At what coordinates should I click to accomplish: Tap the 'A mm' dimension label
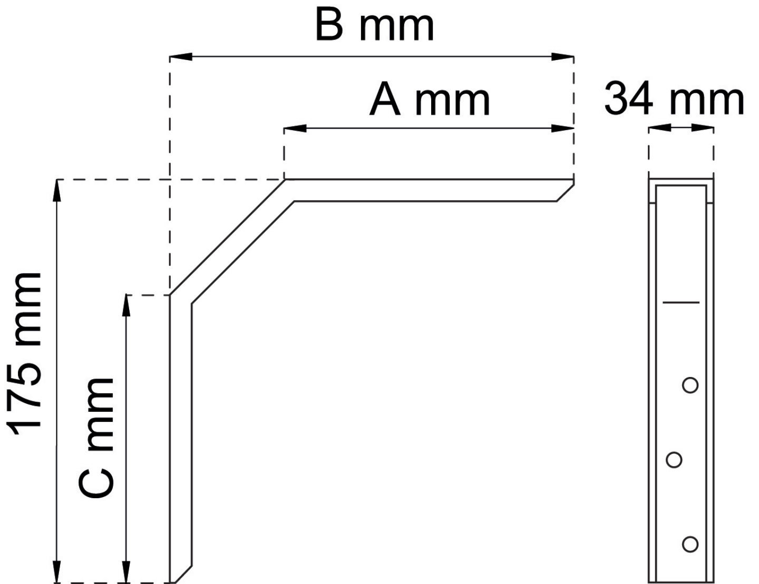point(430,100)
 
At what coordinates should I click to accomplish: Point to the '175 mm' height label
point(24,354)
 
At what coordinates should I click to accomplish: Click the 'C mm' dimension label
point(96,438)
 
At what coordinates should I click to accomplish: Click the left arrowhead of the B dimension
point(181,56)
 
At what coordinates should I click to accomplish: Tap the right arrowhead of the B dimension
point(562,56)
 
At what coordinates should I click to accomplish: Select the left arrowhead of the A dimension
point(295,128)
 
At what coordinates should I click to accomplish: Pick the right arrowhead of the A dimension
point(562,128)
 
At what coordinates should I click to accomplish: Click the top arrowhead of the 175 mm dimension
point(56,191)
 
